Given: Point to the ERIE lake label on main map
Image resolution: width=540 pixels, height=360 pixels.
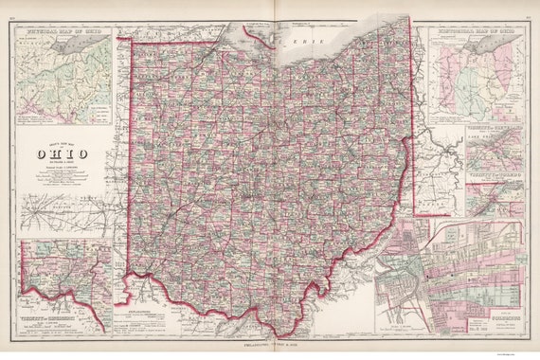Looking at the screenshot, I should (x=303, y=44).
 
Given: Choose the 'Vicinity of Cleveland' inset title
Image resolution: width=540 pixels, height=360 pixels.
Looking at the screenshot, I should (x=492, y=130).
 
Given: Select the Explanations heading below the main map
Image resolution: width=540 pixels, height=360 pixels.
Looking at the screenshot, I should (x=134, y=310).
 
